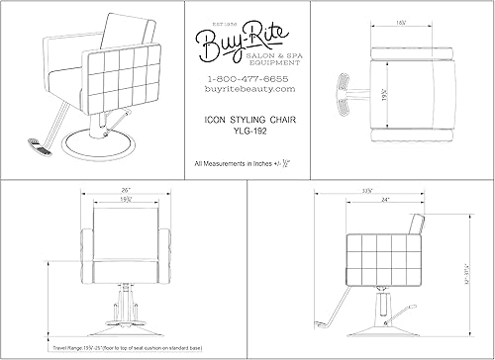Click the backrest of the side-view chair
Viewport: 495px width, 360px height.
click(x=424, y=237)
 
